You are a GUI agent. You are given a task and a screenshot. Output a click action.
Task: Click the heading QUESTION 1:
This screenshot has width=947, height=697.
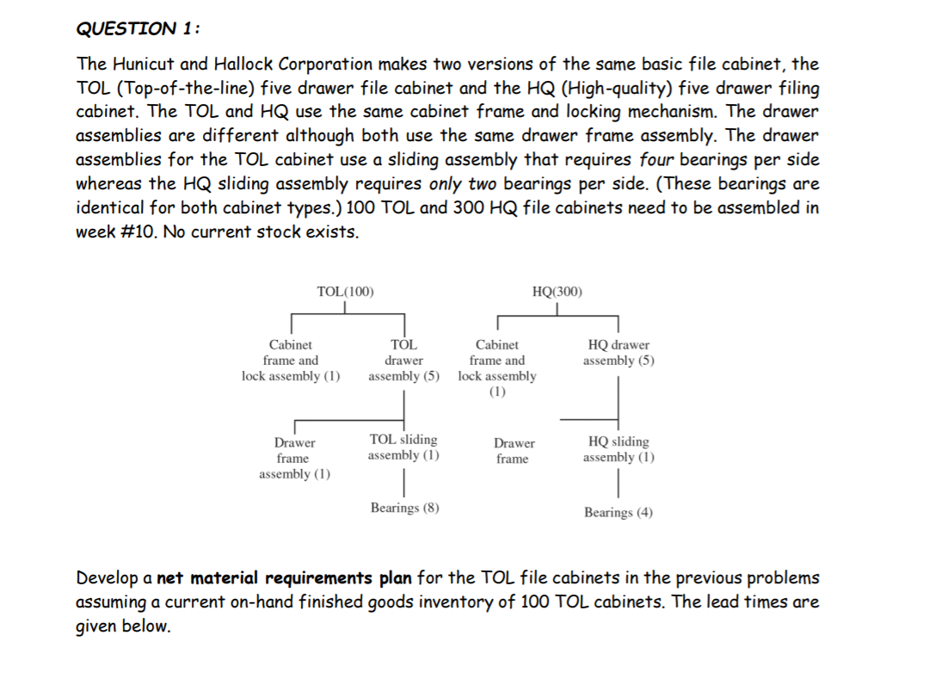[x=138, y=28]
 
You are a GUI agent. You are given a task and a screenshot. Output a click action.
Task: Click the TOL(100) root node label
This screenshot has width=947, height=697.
[x=345, y=291]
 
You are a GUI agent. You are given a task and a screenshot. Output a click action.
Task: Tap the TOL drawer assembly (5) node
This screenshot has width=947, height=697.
[x=403, y=361]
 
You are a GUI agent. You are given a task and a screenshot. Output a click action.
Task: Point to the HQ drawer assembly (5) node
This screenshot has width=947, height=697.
[x=618, y=353]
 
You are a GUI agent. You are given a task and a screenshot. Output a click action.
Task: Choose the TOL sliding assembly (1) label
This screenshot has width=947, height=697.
[x=403, y=447]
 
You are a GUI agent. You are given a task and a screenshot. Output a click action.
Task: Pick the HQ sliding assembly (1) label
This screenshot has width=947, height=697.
[x=618, y=449]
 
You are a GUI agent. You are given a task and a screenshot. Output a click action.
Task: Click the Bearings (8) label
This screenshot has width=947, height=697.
[x=404, y=508]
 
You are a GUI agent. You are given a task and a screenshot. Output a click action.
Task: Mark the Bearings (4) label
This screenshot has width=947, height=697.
[x=618, y=513]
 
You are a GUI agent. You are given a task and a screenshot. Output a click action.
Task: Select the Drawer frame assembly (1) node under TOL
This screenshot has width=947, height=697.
[x=294, y=459]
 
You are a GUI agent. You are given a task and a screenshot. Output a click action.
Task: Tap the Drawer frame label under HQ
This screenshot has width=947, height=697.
[x=513, y=451]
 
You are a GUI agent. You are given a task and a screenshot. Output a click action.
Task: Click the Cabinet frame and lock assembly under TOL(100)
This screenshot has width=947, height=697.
[x=291, y=361]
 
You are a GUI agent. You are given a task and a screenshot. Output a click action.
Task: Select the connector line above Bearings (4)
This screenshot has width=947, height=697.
[x=618, y=487]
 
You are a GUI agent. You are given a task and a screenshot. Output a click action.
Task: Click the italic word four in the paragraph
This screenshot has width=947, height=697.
[x=659, y=160]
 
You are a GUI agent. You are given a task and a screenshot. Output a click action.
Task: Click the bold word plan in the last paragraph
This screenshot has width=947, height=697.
[x=395, y=577]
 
